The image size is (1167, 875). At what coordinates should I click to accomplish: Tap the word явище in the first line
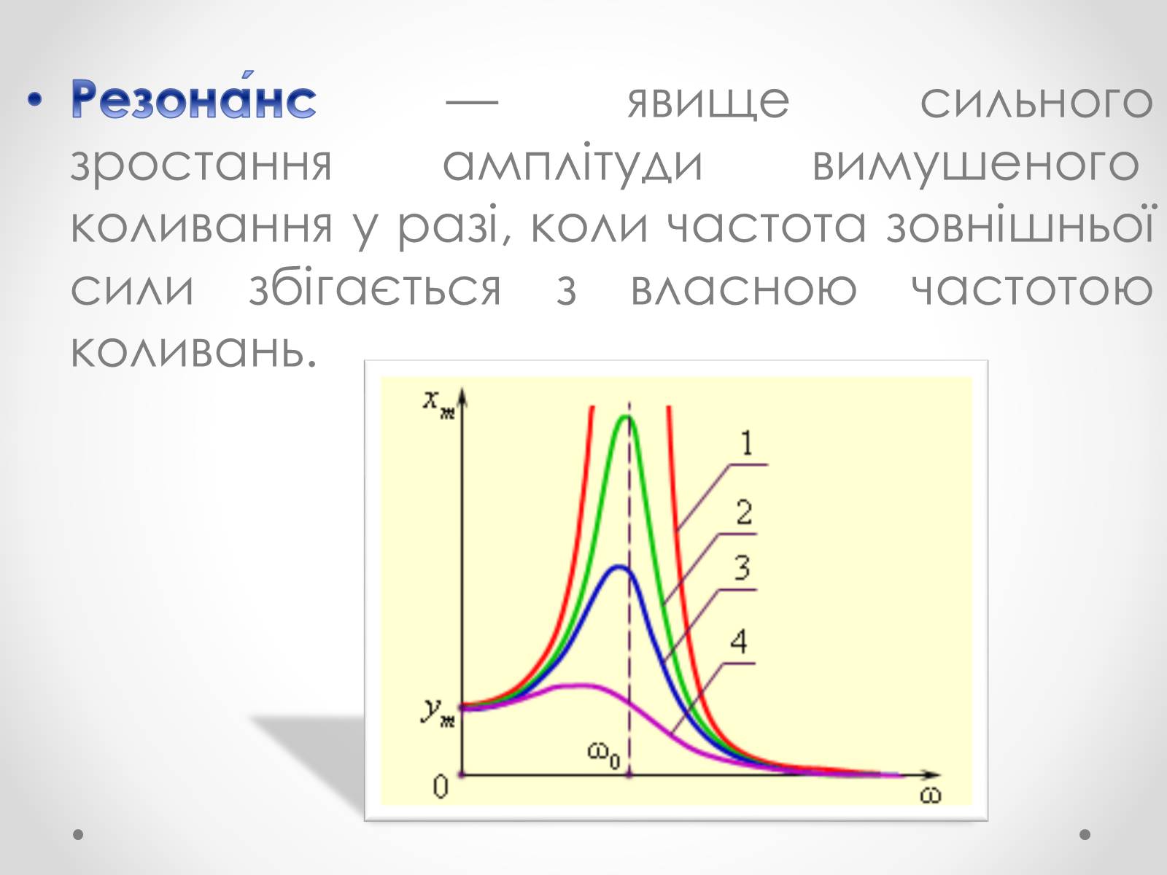click(x=708, y=101)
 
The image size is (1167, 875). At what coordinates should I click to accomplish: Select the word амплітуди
click(x=573, y=163)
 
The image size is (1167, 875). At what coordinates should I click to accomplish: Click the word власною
click(x=743, y=289)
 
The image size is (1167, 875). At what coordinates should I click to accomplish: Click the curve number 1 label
click(x=747, y=443)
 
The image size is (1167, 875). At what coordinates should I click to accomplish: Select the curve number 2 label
click(x=745, y=513)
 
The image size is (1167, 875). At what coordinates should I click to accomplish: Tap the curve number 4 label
click(x=739, y=642)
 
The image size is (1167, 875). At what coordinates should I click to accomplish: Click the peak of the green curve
click(x=627, y=417)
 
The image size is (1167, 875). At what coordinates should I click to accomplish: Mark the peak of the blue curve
click(x=619, y=567)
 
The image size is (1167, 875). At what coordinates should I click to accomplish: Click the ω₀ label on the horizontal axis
click(x=604, y=754)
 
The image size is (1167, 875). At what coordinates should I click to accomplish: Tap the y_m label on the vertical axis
click(x=438, y=712)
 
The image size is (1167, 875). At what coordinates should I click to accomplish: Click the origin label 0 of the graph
click(x=441, y=786)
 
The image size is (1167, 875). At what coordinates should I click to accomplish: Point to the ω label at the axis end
click(x=930, y=796)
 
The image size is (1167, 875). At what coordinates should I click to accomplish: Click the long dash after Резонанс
click(x=472, y=101)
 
